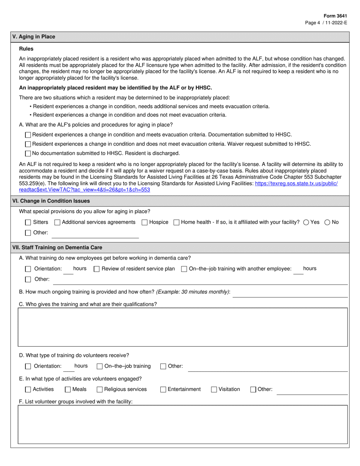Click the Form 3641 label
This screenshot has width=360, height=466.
[x=335, y=16]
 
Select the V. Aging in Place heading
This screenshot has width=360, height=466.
[x=34, y=37]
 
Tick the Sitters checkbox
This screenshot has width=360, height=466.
[x=28, y=222]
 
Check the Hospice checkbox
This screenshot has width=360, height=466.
[x=144, y=222]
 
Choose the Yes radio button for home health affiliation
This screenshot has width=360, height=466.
[x=306, y=222]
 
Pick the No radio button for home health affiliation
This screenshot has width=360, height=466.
[x=327, y=222]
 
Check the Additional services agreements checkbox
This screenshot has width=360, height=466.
[x=58, y=222]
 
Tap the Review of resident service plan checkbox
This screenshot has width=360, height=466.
[x=97, y=269]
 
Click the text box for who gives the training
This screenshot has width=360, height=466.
[x=183, y=327]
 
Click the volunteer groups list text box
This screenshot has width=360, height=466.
[x=183, y=424]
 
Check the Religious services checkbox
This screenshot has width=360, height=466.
[x=100, y=389]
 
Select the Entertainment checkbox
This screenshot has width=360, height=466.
[x=163, y=389]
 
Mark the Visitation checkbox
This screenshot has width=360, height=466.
[x=214, y=389]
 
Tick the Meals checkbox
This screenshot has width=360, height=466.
[x=68, y=389]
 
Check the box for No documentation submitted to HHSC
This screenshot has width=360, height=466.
[x=28, y=154]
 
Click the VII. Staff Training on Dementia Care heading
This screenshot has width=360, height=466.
[x=57, y=247]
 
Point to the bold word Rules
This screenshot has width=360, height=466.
[x=26, y=49]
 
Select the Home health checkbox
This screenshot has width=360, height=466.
[x=177, y=222]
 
